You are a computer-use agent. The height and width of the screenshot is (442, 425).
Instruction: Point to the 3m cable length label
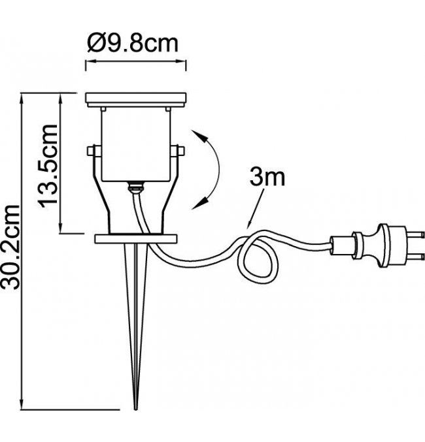[x=266, y=177]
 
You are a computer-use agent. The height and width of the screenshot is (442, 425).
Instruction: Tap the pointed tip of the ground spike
[x=135, y=407]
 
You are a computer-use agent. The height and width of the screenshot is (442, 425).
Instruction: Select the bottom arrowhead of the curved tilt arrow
[x=197, y=204]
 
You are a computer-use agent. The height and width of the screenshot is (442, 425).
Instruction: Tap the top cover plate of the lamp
[x=137, y=101]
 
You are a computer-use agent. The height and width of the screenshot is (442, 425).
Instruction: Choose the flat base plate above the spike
[x=137, y=238]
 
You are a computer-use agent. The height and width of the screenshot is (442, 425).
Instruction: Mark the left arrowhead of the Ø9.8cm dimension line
[x=89, y=62]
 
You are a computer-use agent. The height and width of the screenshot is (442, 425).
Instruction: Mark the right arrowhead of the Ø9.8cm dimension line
[x=184, y=62]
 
